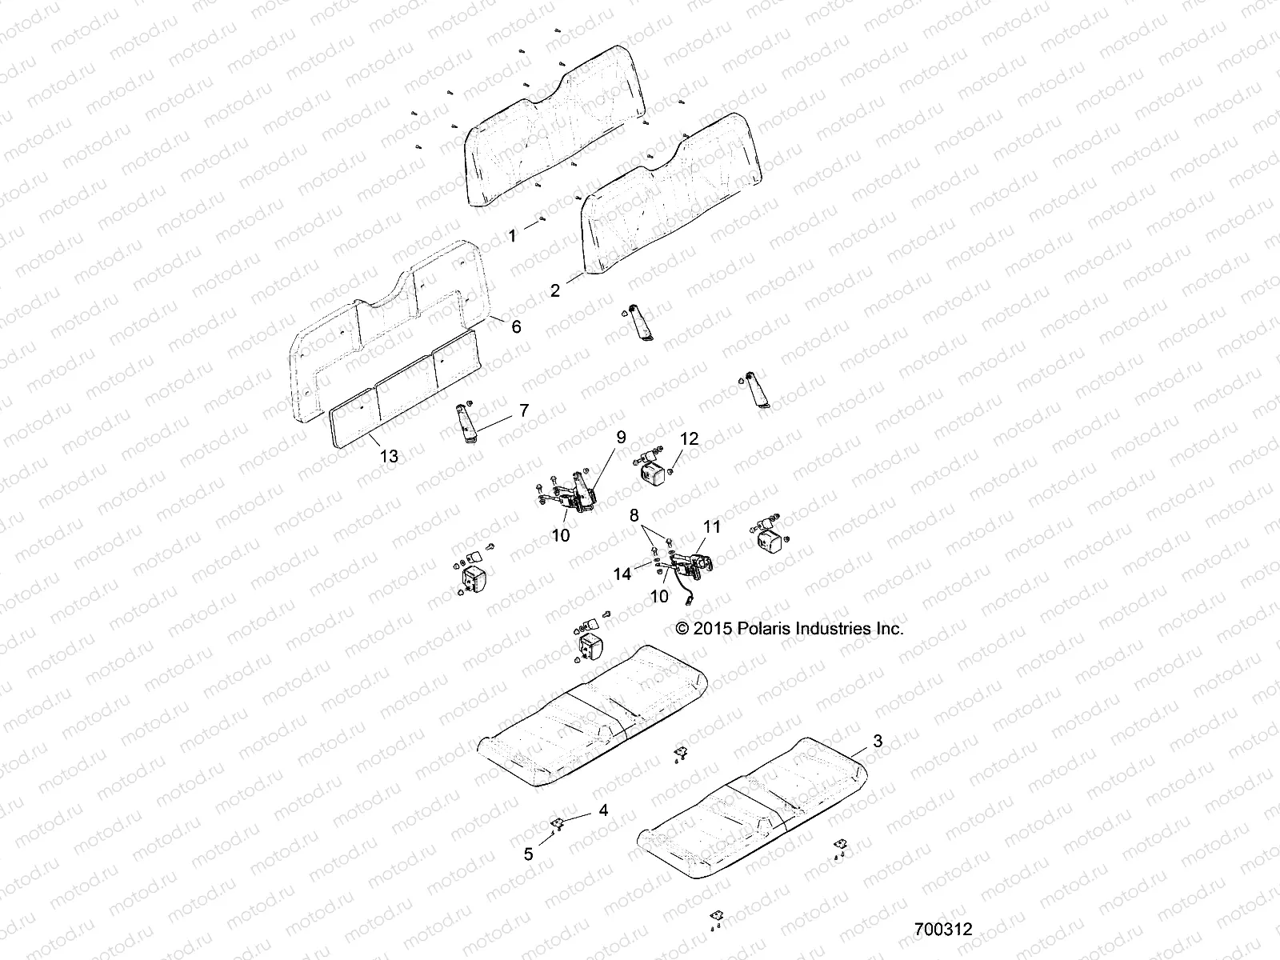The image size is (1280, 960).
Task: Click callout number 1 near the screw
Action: pyautogui.click(x=513, y=235)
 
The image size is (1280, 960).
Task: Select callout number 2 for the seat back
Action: pyautogui.click(x=555, y=291)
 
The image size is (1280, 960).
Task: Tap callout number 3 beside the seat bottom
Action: pyautogui.click(x=878, y=741)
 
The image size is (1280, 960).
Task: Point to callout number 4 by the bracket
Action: pyautogui.click(x=603, y=810)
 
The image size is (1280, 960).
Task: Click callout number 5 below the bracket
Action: pyautogui.click(x=528, y=854)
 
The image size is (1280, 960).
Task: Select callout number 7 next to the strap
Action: pyautogui.click(x=524, y=410)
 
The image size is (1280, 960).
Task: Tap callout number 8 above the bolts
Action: pyautogui.click(x=634, y=514)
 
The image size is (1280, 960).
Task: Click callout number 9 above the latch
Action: pyautogui.click(x=621, y=437)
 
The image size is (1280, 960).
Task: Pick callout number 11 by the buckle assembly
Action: pyautogui.click(x=712, y=526)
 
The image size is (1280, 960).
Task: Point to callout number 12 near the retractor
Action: pyautogui.click(x=689, y=438)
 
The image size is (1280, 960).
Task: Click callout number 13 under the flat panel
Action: pyautogui.click(x=389, y=456)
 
